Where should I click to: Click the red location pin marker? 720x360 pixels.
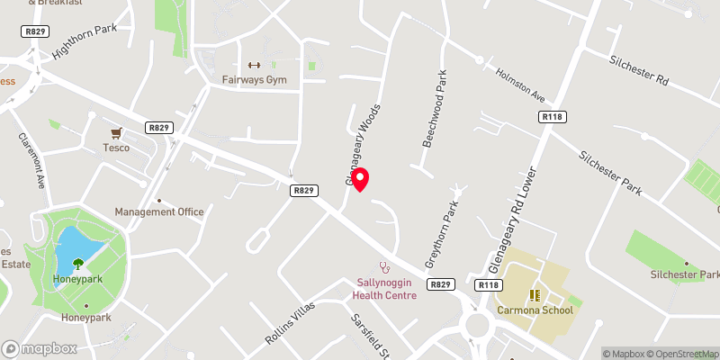pos(360,178)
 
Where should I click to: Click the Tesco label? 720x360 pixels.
pos(116,148)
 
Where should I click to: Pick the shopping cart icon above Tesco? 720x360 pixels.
pos(116,132)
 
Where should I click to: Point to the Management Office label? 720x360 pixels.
pos(159,212)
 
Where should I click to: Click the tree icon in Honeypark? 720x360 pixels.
pos(78,264)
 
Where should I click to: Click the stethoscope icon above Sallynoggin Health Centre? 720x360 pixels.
pos(384,266)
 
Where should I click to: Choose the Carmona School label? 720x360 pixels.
pos(535,311)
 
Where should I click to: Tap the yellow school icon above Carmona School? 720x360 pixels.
pos(535,294)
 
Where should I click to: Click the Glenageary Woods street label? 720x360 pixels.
pos(364,144)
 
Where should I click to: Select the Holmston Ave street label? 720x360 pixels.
pos(520,85)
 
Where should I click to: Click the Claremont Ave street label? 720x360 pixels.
pos(32,161)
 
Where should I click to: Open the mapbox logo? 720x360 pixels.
pos(38,348)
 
